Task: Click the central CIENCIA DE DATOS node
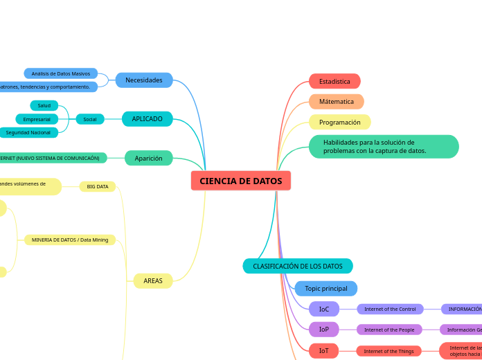241,181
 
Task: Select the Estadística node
334,82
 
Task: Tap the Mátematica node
337,102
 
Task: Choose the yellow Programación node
340,123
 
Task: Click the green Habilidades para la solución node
383,147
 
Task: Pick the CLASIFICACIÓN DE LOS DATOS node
298,266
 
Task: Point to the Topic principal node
326,288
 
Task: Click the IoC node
324,309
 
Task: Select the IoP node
324,330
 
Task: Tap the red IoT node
324,351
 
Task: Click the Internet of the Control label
390,309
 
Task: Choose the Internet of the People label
389,330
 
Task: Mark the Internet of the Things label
389,351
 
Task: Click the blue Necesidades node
144,80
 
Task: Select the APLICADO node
148,119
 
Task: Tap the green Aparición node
149,159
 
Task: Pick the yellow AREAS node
153,281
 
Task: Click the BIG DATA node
98,186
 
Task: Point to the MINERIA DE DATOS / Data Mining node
70,240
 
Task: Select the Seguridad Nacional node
28,132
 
